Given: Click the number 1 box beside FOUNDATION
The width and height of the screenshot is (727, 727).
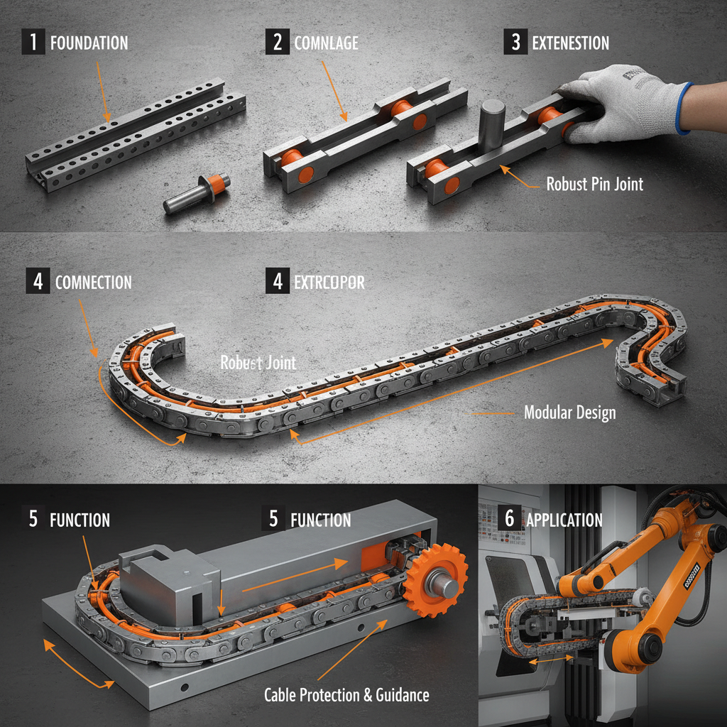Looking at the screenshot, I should [33, 42].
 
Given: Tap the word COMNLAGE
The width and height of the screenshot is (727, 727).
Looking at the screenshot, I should [326, 43].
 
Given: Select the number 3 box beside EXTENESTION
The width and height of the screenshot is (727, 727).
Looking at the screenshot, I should [515, 43].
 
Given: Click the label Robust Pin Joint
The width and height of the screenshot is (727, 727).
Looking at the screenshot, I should [594, 184].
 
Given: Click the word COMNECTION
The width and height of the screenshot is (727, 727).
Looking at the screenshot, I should [93, 283].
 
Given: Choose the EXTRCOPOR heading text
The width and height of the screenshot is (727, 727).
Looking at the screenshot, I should [329, 283].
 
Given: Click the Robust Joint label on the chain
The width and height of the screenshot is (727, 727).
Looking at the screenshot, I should [258, 363].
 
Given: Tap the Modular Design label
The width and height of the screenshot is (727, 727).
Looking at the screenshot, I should [569, 412].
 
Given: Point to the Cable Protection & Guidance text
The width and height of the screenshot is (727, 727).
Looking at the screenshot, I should [346, 694].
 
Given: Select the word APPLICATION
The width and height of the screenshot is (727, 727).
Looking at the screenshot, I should [564, 520].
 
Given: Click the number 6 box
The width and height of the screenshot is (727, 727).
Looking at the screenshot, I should [509, 518].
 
